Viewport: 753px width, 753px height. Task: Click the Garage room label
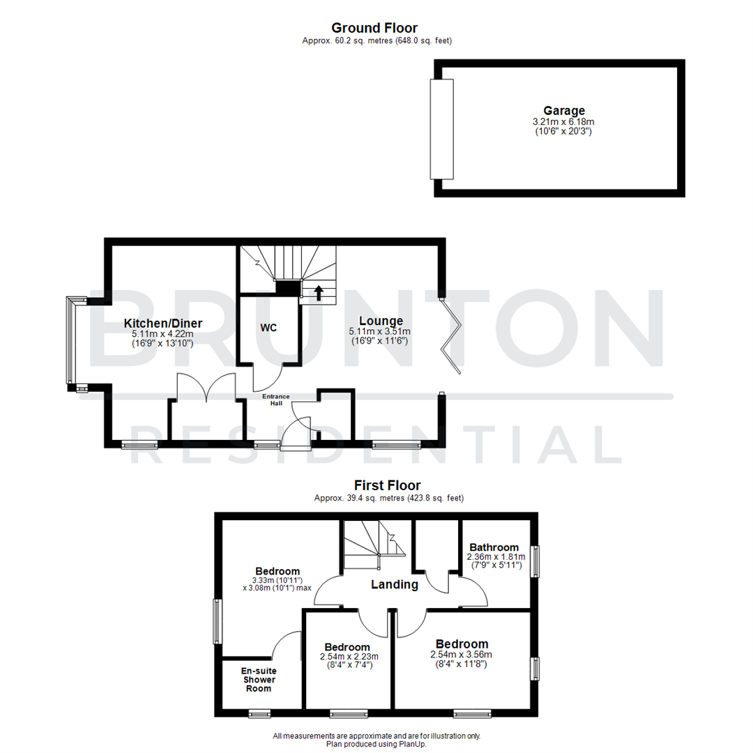tap(564, 110)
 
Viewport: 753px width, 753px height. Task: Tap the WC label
tap(269, 328)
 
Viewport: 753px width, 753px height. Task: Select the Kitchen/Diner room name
tap(163, 323)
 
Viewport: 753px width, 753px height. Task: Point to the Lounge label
tap(380, 321)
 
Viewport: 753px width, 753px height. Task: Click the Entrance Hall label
tap(275, 400)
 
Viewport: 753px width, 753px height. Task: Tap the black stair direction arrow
tap(319, 292)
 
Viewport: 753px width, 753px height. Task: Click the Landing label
tap(395, 585)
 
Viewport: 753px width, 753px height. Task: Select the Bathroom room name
tap(494, 547)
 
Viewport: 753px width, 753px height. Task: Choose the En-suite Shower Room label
tap(259, 680)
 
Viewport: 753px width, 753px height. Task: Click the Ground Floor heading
tap(374, 28)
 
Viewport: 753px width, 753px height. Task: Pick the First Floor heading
tap(387, 485)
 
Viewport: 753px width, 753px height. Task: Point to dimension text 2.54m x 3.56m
tap(462, 655)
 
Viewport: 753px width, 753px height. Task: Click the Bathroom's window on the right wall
tap(535, 561)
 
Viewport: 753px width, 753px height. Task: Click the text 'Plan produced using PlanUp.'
tap(376, 744)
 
